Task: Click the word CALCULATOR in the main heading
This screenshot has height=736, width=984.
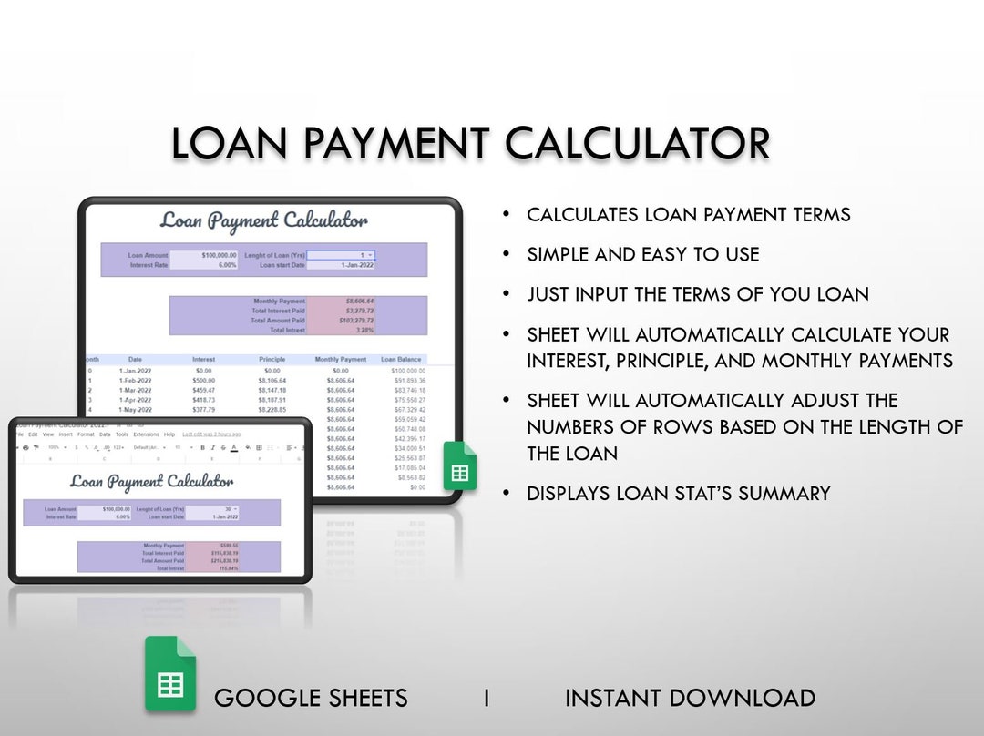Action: (x=637, y=144)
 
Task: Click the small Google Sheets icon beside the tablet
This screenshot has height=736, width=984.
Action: (x=460, y=466)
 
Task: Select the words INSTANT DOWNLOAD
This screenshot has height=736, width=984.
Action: (x=690, y=699)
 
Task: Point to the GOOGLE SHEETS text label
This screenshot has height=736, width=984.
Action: (x=311, y=699)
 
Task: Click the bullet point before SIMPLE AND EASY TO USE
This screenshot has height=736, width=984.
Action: (x=507, y=255)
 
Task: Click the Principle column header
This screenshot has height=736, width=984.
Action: (x=272, y=360)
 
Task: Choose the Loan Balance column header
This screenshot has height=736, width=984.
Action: (x=401, y=360)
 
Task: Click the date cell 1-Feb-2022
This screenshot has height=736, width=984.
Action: (x=136, y=381)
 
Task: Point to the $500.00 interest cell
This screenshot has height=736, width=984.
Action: (x=203, y=381)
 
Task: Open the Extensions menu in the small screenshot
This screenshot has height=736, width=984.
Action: (x=146, y=434)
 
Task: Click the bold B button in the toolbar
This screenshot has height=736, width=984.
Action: (x=202, y=447)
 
